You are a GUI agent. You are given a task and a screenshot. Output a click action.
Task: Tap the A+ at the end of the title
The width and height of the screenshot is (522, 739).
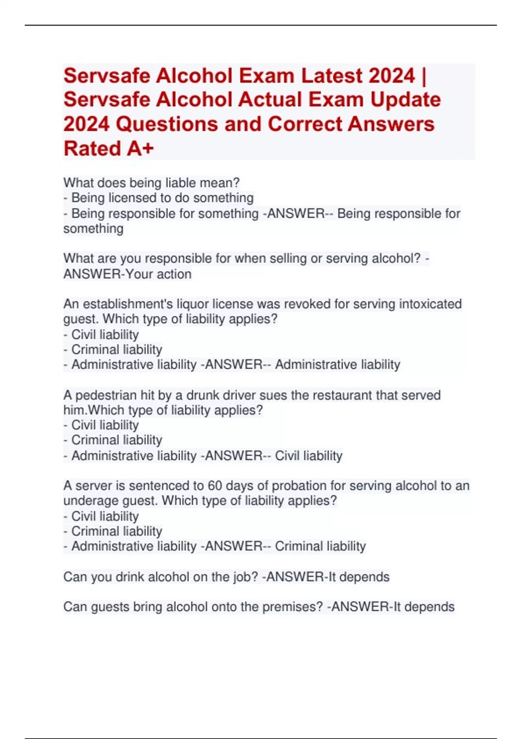click(140, 148)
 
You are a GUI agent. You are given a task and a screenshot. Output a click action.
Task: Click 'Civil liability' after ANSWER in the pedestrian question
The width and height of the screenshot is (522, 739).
click(308, 456)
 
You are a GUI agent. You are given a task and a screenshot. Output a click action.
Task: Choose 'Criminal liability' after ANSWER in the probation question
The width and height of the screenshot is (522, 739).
click(320, 546)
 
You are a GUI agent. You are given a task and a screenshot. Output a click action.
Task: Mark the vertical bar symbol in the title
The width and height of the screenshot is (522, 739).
click(424, 76)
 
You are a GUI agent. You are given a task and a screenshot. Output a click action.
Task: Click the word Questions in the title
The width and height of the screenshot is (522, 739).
click(167, 124)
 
